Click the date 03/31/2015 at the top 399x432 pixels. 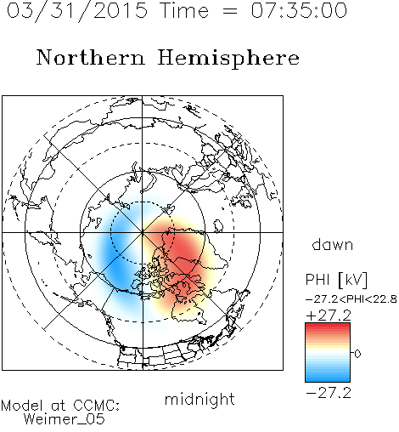pyautogui.click(x=77, y=11)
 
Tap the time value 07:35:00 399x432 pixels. pyautogui.click(x=299, y=10)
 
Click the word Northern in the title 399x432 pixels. pyautogui.click(x=91, y=57)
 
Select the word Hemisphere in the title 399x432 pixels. pyautogui.click(x=228, y=58)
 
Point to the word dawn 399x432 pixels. pyautogui.click(x=333, y=244)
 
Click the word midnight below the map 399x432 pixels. pyautogui.click(x=199, y=400)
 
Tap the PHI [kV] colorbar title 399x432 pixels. pyautogui.click(x=336, y=280)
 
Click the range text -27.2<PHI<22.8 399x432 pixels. pyautogui.click(x=351, y=299)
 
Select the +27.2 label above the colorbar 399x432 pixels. pyautogui.click(x=329, y=315)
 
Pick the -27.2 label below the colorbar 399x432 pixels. pyautogui.click(x=329, y=393)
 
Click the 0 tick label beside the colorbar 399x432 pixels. pyautogui.click(x=357, y=354)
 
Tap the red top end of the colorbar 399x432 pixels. pyautogui.click(x=328, y=325)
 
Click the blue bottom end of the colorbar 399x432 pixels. pyautogui.click(x=328, y=379)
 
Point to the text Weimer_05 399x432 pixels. pyautogui.click(x=65, y=419)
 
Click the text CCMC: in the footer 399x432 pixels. pyautogui.click(x=96, y=406)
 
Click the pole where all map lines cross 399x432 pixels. pyautogui.click(x=142, y=232)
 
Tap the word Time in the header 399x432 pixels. pyautogui.click(x=184, y=11)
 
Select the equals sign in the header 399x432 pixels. pyautogui.click(x=230, y=11)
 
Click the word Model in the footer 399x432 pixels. pyautogui.click(x=22, y=406)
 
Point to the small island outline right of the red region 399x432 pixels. pyautogui.click(x=218, y=226)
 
